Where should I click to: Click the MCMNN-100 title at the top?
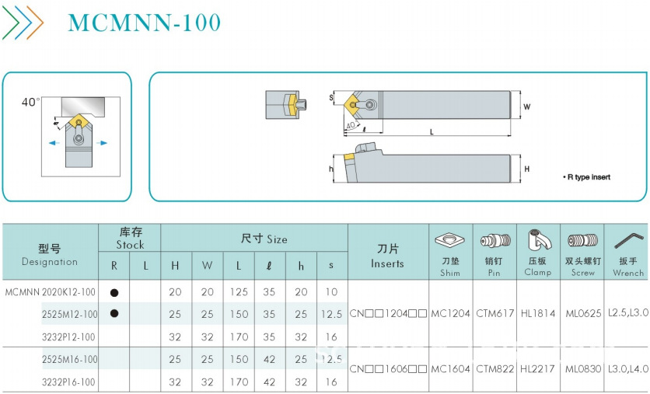coord(144,23)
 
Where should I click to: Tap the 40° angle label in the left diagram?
coord(30,102)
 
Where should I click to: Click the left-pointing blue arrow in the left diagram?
coord(53,143)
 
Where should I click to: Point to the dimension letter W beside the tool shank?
coord(526,106)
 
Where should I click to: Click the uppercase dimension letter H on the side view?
coord(526,169)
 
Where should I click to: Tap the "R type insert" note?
coord(586,177)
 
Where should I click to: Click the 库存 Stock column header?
coord(130,239)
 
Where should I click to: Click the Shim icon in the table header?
coord(450,240)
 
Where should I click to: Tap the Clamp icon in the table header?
coord(538,240)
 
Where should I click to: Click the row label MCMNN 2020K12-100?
coord(51,292)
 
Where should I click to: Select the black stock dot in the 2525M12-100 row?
coord(114,314)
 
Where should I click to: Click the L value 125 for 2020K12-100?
coord(238,292)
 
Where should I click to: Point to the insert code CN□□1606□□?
coord(388,369)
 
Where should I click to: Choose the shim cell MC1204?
coord(450,314)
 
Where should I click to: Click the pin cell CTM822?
coord(494,369)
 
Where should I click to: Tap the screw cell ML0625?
coord(583,314)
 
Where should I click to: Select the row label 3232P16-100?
coord(68,382)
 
